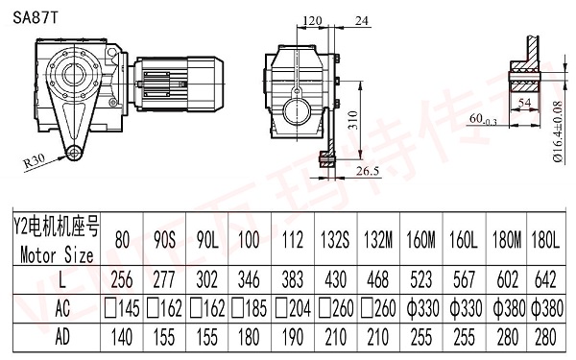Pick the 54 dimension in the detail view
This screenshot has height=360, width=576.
(x=523, y=100)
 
